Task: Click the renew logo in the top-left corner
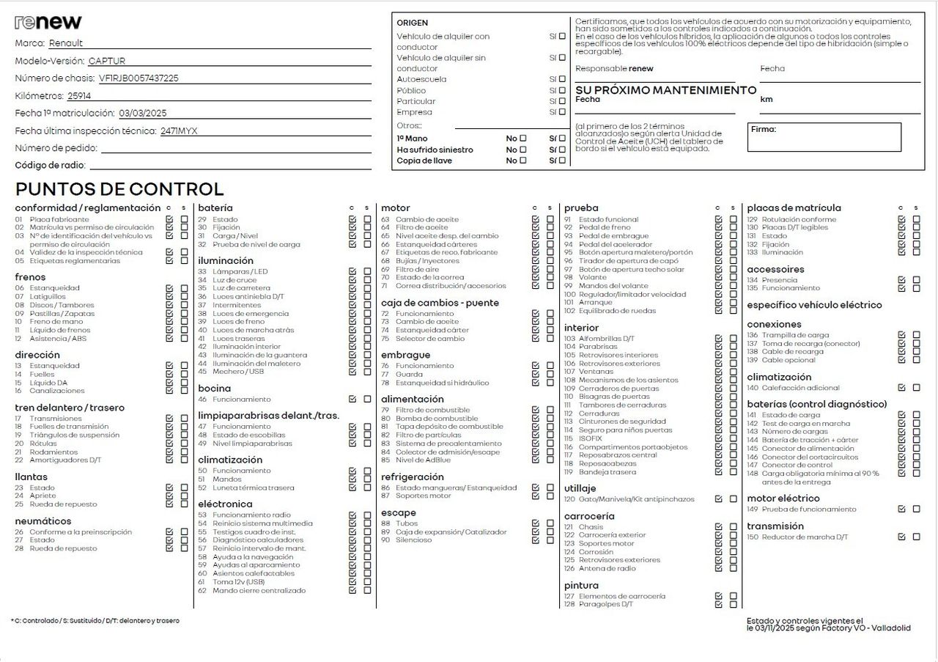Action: click(48, 22)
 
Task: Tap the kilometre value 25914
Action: click(79, 96)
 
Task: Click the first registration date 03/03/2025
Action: click(143, 114)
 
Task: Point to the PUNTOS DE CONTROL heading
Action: click(119, 189)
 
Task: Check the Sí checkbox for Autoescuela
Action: click(562, 79)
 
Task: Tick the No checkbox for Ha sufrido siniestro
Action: click(522, 150)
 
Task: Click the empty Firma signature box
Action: click(824, 137)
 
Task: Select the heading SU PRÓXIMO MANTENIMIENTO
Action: click(665, 90)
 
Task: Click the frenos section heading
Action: click(30, 277)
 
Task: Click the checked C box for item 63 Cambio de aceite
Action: click(536, 219)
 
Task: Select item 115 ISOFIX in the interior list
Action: click(590, 438)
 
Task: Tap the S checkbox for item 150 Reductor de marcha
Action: click(916, 537)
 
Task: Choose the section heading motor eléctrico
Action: click(783, 499)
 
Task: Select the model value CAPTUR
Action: click(112, 61)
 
